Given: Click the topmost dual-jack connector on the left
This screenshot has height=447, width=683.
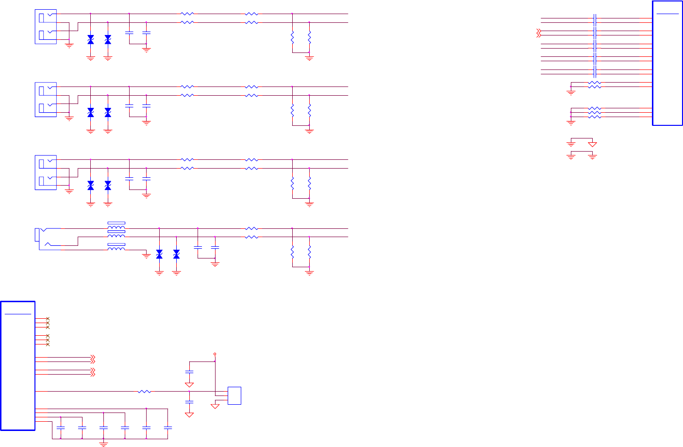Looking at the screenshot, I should [x=46, y=27].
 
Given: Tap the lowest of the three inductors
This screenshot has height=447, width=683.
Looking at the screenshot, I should [x=116, y=248].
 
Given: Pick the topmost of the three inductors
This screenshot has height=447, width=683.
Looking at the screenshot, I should [x=116, y=227].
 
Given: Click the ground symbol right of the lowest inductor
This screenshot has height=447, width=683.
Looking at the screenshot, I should [x=147, y=256].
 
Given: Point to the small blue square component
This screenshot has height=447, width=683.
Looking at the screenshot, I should [x=234, y=395].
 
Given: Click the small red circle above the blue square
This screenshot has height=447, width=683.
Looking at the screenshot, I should [x=215, y=354].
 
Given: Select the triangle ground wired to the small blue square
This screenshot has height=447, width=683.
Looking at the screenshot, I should [x=215, y=406].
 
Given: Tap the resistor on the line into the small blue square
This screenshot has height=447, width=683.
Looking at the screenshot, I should [x=145, y=392].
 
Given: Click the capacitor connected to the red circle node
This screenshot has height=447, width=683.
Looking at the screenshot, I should [x=189, y=372].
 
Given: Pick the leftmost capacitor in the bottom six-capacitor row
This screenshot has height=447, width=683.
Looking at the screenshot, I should [x=61, y=428].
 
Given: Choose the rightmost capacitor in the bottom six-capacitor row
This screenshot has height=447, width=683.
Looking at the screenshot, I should [x=168, y=428].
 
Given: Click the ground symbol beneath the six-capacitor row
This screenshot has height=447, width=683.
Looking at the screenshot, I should [x=103, y=443].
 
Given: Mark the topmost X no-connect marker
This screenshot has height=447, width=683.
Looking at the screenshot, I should [x=48, y=319].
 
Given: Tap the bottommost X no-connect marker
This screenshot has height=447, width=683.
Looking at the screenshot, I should [x=48, y=344].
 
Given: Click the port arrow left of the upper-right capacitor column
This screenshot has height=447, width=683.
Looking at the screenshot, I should [x=538, y=33].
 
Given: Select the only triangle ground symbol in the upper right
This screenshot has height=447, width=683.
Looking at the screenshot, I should [x=592, y=144].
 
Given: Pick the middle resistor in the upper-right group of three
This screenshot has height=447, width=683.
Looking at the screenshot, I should [x=594, y=113].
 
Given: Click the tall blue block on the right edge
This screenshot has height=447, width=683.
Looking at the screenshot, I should [x=667, y=63].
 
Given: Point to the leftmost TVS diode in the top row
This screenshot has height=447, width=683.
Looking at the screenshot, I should [x=90, y=40].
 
